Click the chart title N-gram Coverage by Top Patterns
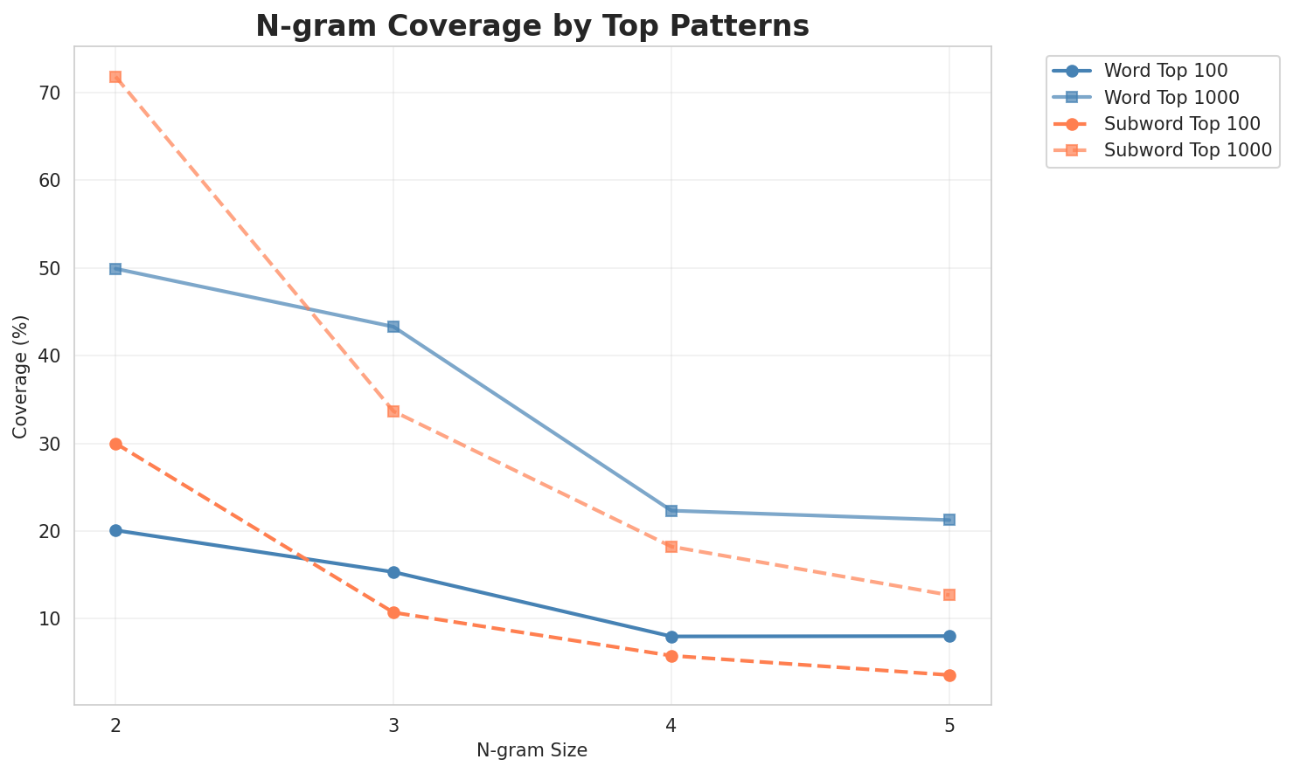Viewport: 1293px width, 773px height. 532,26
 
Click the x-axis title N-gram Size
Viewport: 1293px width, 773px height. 532,750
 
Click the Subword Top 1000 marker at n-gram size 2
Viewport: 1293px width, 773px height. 115,77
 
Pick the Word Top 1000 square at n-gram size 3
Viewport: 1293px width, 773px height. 393,327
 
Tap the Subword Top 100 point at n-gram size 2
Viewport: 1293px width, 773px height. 115,444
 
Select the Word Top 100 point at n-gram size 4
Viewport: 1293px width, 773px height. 671,637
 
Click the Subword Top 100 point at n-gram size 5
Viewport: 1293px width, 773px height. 949,675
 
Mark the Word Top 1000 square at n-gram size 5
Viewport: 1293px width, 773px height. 949,520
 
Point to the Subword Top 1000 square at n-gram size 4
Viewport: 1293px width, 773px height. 671,547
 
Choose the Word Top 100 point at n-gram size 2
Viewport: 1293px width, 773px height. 115,530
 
